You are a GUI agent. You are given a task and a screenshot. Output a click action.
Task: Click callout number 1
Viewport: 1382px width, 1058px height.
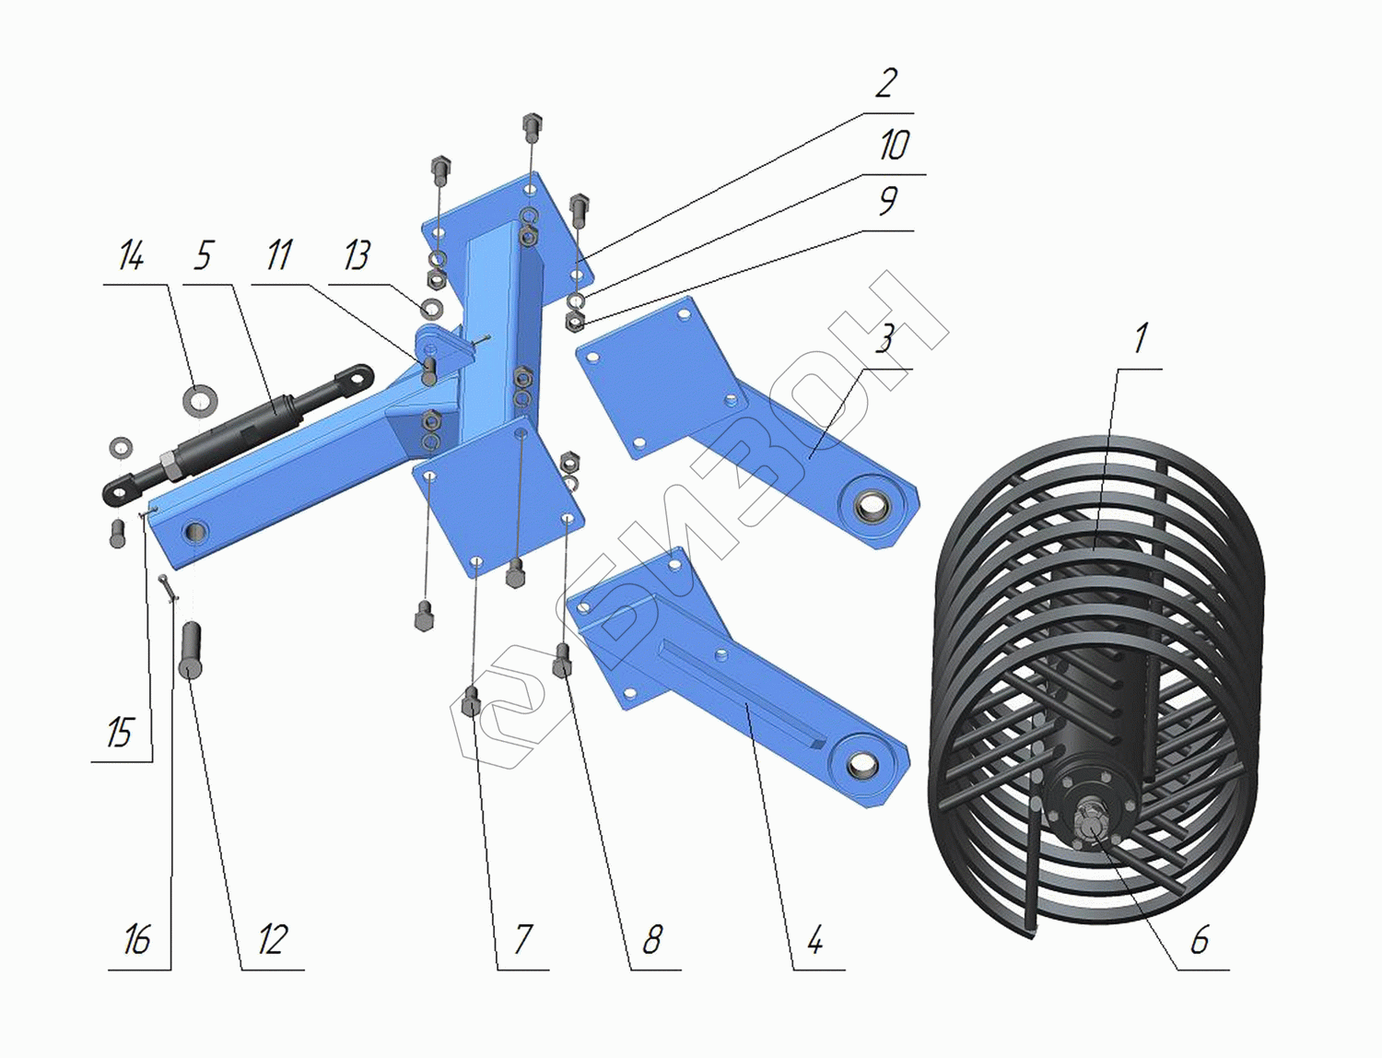[1141, 339]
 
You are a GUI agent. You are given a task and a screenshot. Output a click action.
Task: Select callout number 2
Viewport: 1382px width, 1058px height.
[885, 84]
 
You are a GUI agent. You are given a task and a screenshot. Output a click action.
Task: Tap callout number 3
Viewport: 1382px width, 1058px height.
[885, 339]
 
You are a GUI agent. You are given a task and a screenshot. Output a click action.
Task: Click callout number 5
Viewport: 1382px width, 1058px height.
[202, 255]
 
